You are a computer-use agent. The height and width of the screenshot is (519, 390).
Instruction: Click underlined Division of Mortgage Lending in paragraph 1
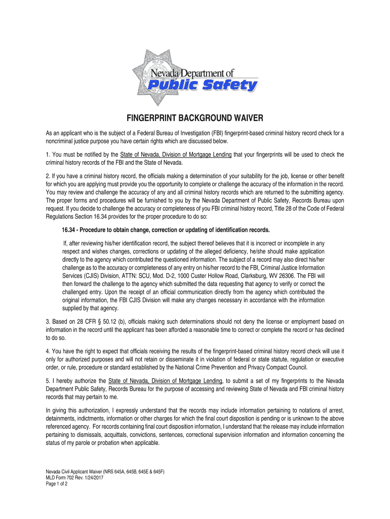point(193,155)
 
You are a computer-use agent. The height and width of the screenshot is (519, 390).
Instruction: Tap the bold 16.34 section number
point(69,230)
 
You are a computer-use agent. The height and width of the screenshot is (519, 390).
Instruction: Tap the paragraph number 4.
point(47,351)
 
